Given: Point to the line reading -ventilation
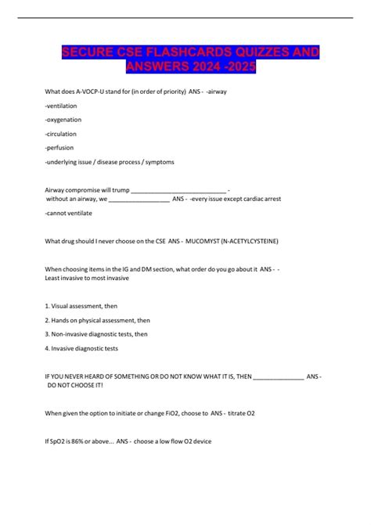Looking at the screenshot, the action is coord(63,105).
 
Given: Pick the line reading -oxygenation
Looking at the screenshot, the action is coord(63,119).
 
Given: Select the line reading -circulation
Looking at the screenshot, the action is coord(62,133).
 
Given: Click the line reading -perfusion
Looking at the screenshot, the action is coord(60,147).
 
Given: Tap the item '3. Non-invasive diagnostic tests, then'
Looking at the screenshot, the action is coord(96,333).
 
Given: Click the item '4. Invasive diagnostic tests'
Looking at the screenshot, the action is coord(82,347).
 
